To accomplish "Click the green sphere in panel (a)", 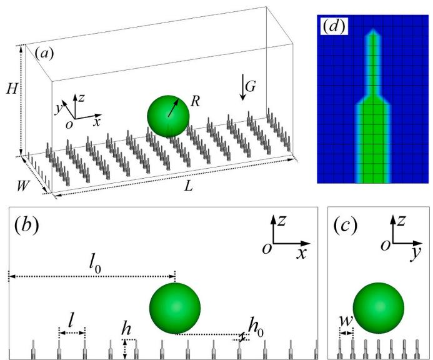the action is click(x=169, y=116).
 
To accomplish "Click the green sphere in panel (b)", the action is click(x=175, y=308).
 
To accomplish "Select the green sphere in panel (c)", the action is click(x=378, y=308).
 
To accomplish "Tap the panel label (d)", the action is click(x=334, y=26).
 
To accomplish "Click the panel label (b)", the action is click(x=26, y=225).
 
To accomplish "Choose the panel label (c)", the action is click(x=345, y=225).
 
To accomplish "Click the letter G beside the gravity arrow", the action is click(x=251, y=87).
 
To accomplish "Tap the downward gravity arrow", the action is click(x=242, y=87).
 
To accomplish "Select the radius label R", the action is click(x=195, y=101).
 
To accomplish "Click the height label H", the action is click(x=12, y=89).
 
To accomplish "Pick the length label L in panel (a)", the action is click(x=188, y=187).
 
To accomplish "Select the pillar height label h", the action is click(x=126, y=329).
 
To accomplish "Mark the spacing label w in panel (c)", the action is click(x=346, y=321).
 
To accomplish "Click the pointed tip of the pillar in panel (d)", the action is click(x=373, y=29).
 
